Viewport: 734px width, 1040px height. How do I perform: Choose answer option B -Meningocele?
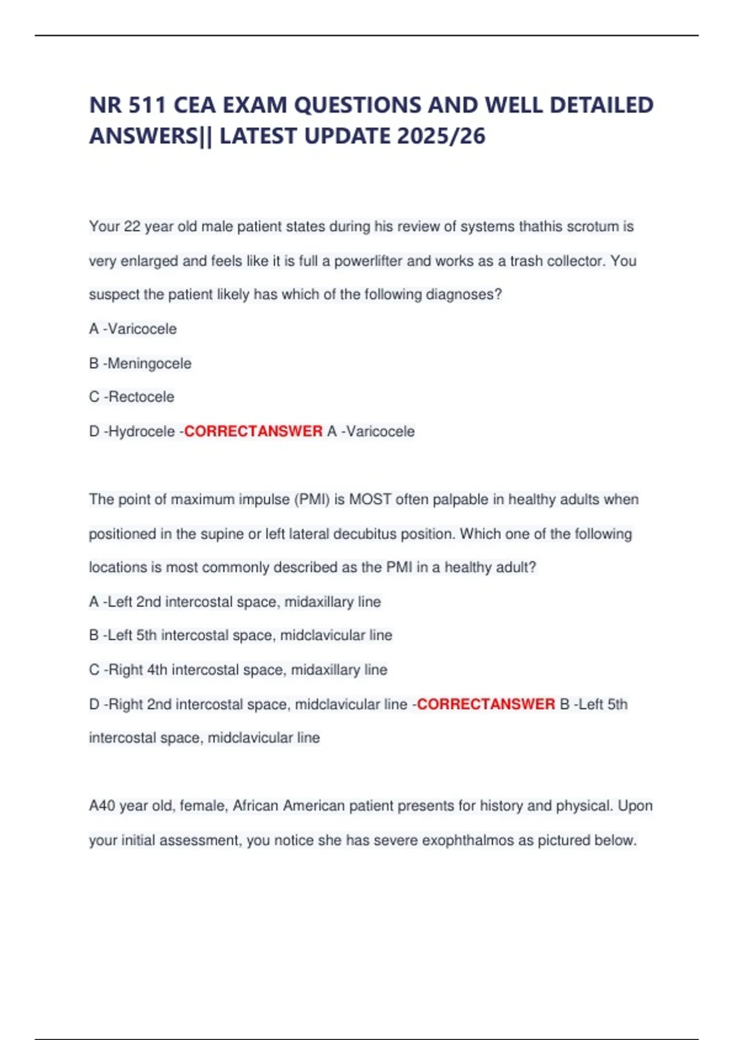pyautogui.click(x=140, y=363)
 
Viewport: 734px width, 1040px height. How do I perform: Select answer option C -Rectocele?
pyautogui.click(x=132, y=397)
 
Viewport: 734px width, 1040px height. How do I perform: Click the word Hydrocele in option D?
pyautogui.click(x=141, y=431)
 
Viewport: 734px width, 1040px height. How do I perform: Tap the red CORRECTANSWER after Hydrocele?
pyautogui.click(x=253, y=431)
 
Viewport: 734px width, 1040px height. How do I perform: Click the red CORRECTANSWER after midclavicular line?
pyautogui.click(x=486, y=704)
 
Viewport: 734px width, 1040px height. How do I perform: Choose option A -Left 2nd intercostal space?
pyautogui.click(x=235, y=602)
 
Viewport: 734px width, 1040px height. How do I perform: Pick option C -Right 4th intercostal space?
pyautogui.click(x=238, y=670)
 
